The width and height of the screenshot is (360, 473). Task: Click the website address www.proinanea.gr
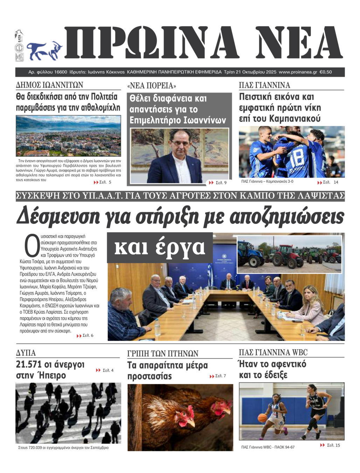(x=298, y=72)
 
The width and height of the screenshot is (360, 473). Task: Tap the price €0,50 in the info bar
(x=326, y=72)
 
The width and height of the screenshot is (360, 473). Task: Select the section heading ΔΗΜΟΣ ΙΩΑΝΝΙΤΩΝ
(x=49, y=85)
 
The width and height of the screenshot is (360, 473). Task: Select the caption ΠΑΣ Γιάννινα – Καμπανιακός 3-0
(x=267, y=181)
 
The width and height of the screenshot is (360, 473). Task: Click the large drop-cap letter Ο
(x=32, y=246)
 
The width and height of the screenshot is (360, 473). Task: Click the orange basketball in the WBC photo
(x=262, y=418)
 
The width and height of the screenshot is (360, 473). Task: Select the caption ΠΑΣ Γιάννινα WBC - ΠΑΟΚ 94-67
(x=268, y=447)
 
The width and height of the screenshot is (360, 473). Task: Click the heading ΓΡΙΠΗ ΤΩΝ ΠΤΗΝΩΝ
(x=163, y=353)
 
